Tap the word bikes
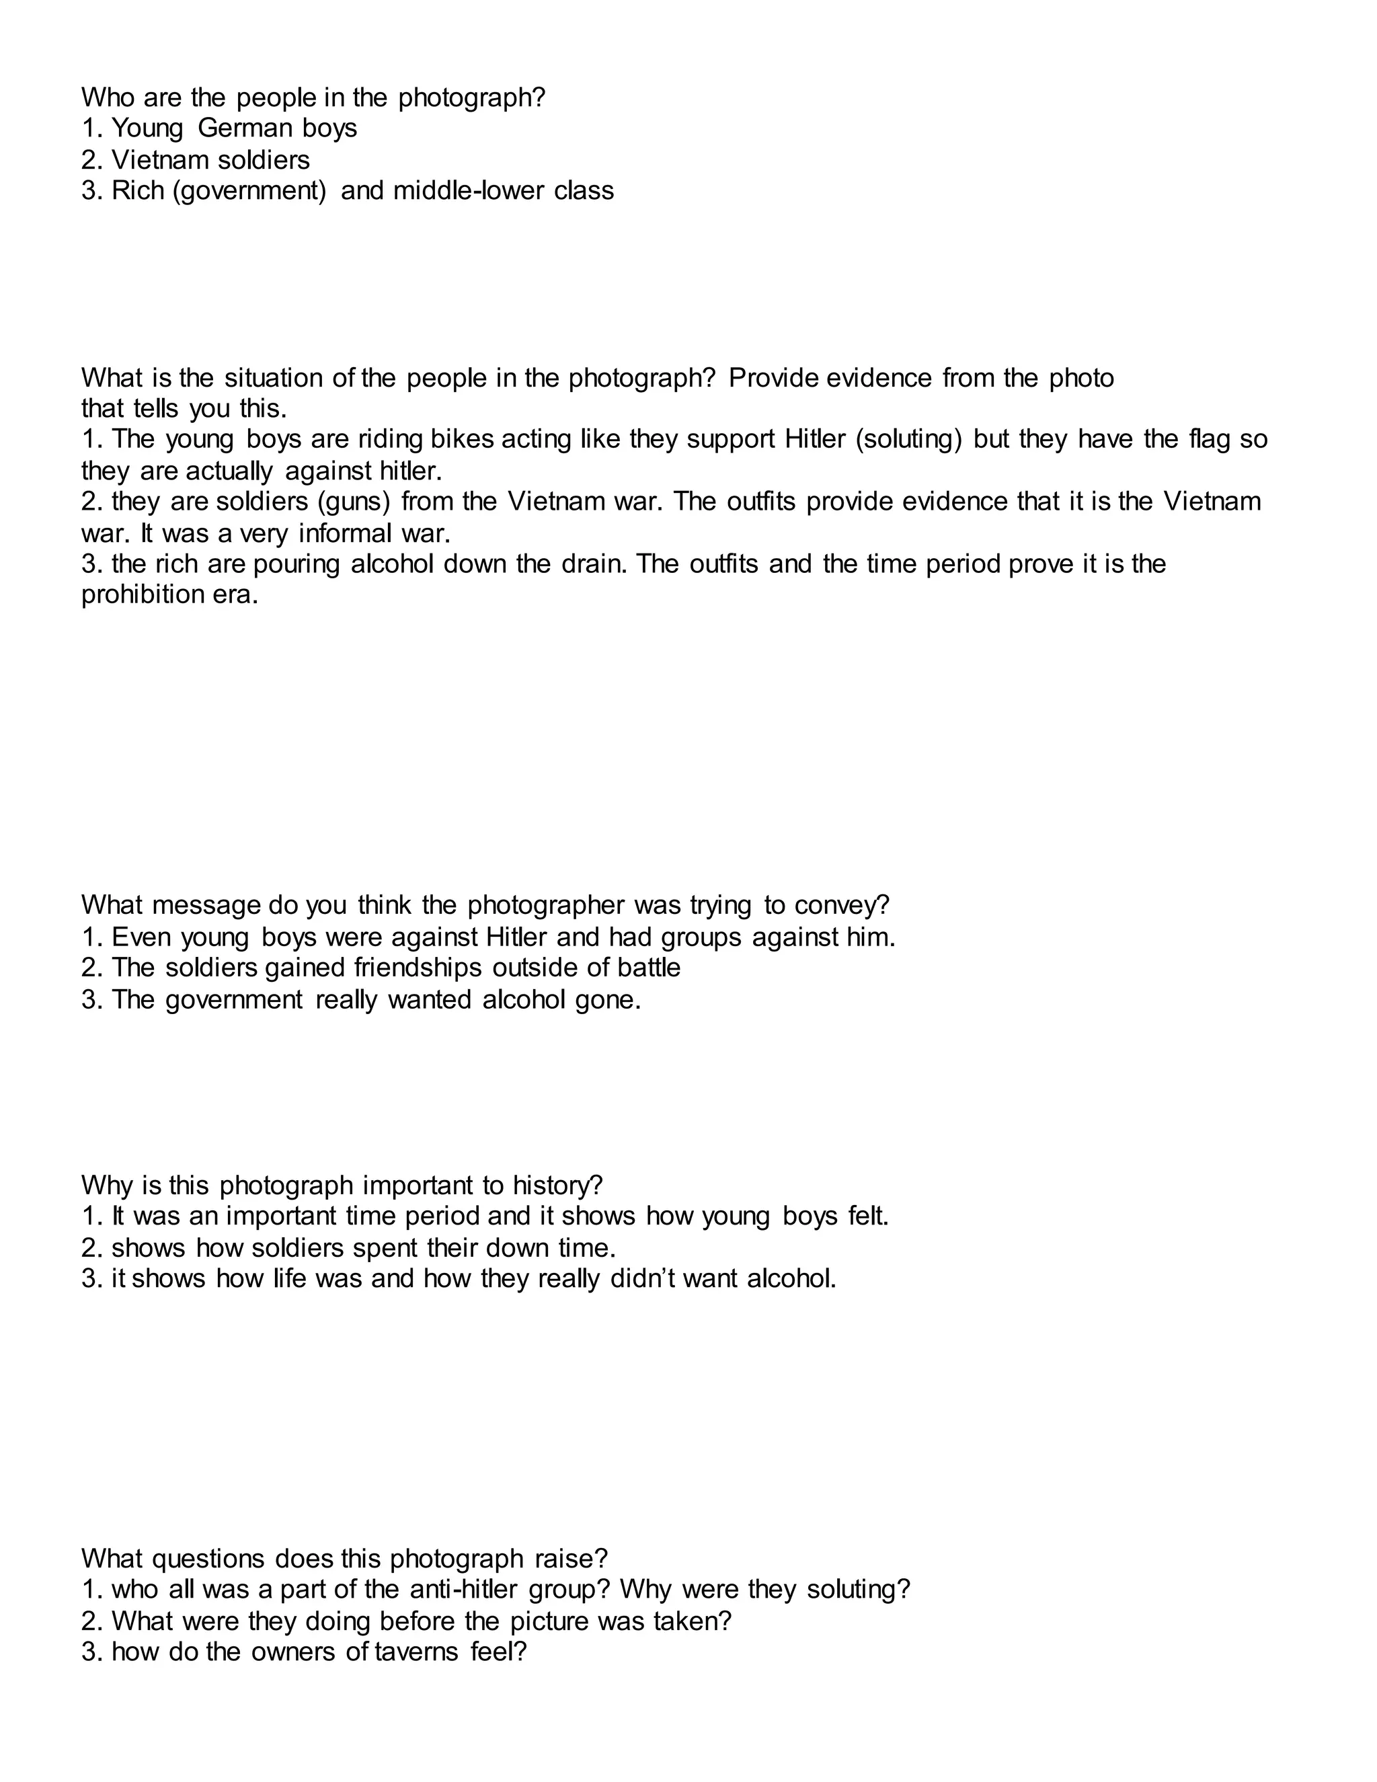click(x=462, y=439)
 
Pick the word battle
click(x=650, y=968)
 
